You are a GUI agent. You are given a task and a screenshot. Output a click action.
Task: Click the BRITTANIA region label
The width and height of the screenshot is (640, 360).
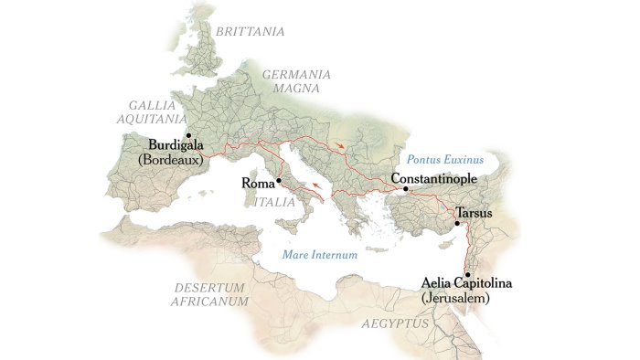click(x=249, y=31)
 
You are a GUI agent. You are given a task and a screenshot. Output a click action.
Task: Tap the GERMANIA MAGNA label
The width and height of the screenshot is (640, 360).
click(x=295, y=80)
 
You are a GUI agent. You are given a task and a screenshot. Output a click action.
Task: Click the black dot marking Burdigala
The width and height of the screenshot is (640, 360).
click(x=189, y=134)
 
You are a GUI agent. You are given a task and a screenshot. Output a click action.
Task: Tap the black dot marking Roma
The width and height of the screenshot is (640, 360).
click(x=278, y=180)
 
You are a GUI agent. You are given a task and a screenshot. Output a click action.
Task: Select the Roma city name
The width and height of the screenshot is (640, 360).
click(x=256, y=183)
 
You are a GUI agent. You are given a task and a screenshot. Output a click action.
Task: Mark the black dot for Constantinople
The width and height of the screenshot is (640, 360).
click(x=405, y=189)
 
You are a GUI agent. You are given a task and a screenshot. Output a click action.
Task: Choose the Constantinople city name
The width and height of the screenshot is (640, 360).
click(x=432, y=179)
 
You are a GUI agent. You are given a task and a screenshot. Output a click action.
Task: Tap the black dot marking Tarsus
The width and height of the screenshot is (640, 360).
click(x=457, y=223)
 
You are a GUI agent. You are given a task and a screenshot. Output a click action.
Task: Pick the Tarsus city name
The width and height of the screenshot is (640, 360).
click(x=474, y=213)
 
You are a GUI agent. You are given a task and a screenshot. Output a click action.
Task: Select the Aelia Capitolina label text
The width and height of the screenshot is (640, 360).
click(x=467, y=284)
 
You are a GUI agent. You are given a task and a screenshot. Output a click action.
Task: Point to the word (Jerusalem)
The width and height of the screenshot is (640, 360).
click(x=460, y=299)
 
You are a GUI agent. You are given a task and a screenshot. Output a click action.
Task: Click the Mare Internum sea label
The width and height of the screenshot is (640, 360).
click(x=319, y=255)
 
